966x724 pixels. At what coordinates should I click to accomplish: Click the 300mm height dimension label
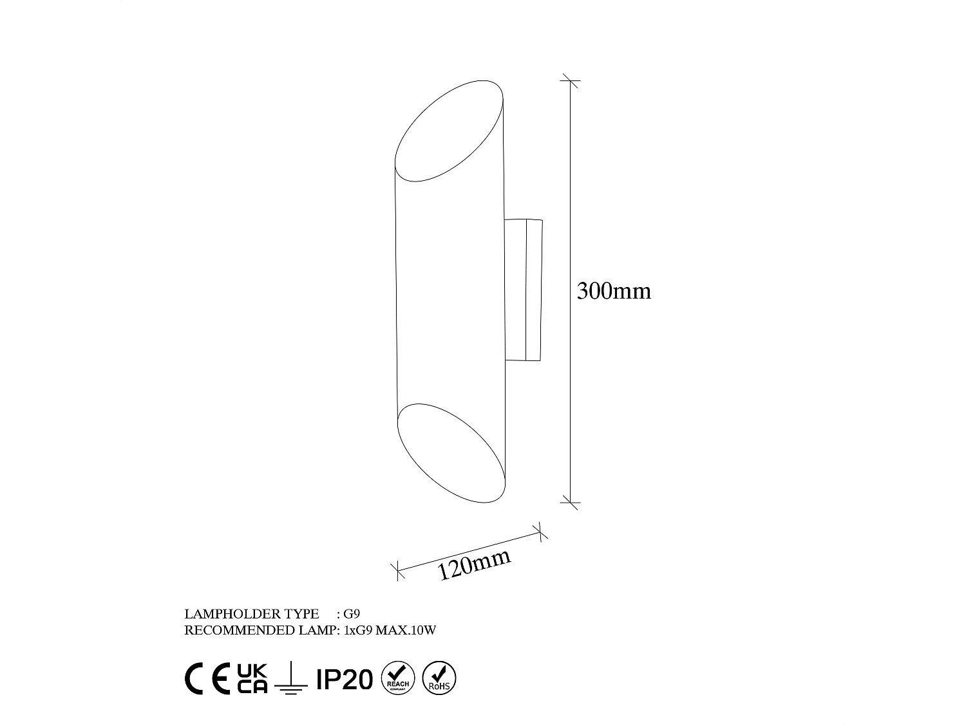pyautogui.click(x=614, y=292)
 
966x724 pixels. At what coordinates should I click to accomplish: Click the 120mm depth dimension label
pyautogui.click(x=475, y=564)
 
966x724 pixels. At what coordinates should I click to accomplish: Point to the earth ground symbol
pyautogui.click(x=290, y=680)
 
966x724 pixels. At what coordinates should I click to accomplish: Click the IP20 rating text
pyautogui.click(x=345, y=679)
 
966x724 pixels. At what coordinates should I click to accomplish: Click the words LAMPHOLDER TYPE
pyautogui.click(x=251, y=614)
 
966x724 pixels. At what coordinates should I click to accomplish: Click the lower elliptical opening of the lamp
pyautogui.click(x=451, y=453)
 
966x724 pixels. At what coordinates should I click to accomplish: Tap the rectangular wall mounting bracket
pyautogui.click(x=524, y=290)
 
